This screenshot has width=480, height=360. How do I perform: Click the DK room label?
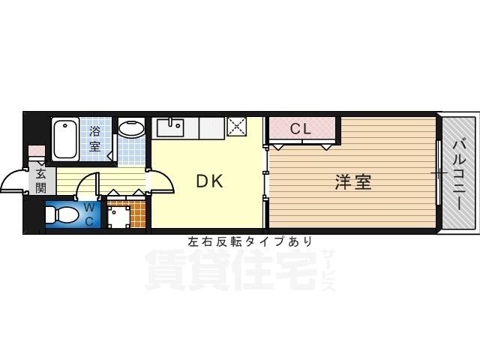pyautogui.click(x=209, y=181)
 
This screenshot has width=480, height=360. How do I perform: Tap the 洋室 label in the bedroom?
pyautogui.click(x=352, y=181)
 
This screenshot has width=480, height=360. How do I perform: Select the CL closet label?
pyautogui.click(x=300, y=129)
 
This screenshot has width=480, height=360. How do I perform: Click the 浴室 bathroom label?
pyautogui.click(x=95, y=139)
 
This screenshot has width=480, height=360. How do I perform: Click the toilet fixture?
pyautogui.click(x=60, y=215)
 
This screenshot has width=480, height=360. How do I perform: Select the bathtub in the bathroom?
pyautogui.click(x=65, y=138)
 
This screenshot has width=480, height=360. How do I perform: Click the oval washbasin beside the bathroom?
pyautogui.click(x=133, y=130)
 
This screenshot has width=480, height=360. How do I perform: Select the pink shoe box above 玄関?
pyautogui.click(x=37, y=153)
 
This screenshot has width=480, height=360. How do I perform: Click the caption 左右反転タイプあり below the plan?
pyautogui.click(x=250, y=241)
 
